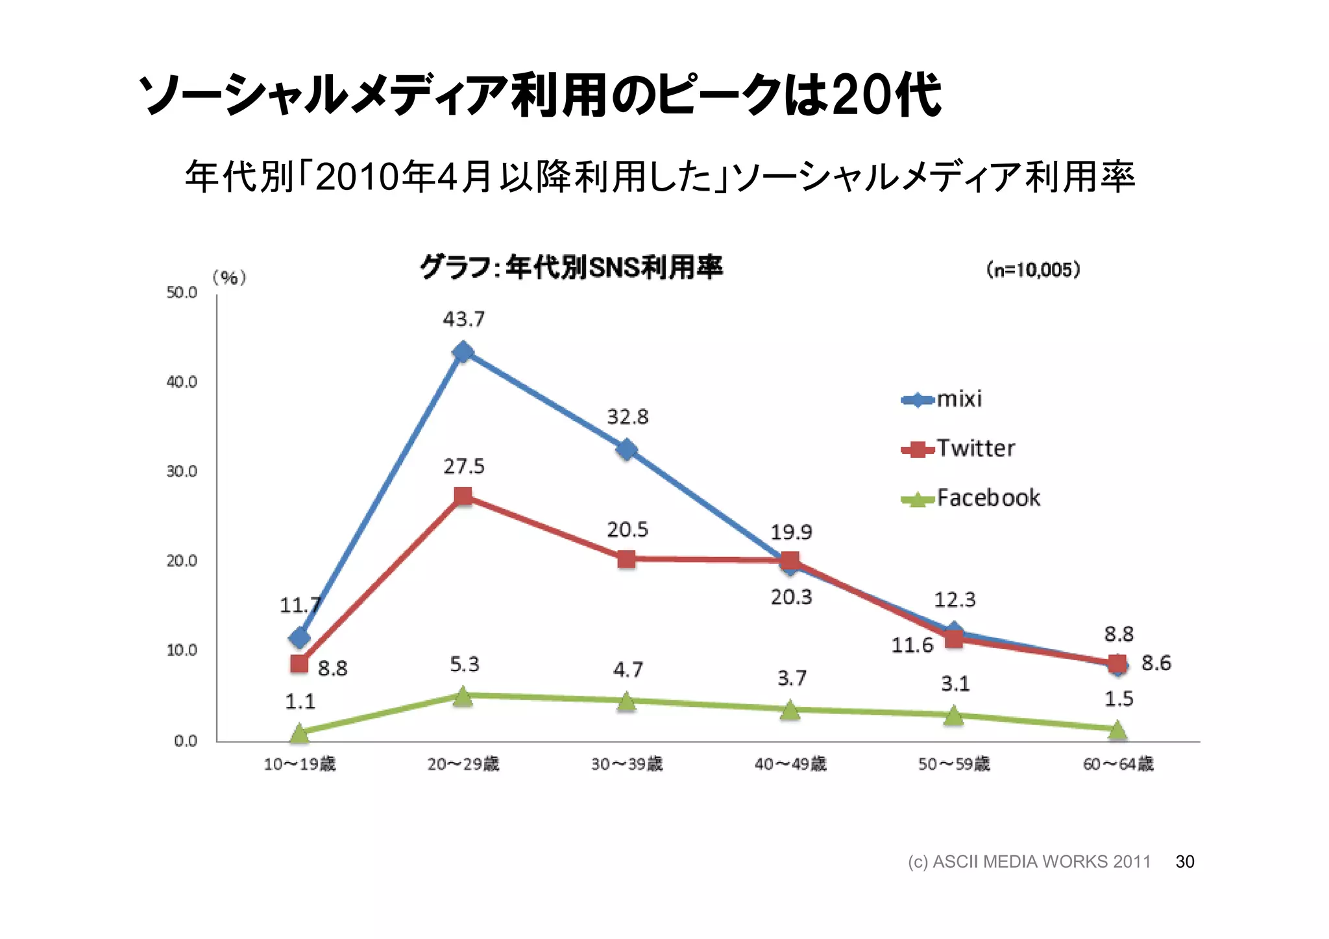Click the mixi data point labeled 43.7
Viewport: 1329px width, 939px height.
pos(463,352)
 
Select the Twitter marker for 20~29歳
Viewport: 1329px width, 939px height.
pos(463,496)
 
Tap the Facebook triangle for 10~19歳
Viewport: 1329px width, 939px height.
pos(299,733)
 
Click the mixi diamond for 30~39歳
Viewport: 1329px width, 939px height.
pos(626,449)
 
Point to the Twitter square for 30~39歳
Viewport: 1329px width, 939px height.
pos(626,558)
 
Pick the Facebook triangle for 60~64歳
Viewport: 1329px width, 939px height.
pos(1117,730)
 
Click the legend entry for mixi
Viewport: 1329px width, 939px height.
pos(942,399)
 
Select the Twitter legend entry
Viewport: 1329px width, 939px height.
pos(958,449)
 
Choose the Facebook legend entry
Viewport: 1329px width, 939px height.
pos(971,498)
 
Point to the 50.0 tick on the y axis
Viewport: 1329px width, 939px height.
pos(182,292)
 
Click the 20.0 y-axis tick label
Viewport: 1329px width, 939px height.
pos(182,560)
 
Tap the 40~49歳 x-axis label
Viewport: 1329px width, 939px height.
pos(790,764)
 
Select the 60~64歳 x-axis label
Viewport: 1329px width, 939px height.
pos(1117,764)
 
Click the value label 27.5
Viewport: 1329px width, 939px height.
pos(463,466)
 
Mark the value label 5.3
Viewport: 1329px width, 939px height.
pos(464,664)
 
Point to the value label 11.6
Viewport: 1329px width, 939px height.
pos(912,645)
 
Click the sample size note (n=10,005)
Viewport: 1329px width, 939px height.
pos(1033,270)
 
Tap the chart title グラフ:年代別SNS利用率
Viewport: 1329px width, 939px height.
pos(571,267)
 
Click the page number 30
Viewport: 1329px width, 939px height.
pos(1184,861)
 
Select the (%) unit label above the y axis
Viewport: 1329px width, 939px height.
pos(229,278)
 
